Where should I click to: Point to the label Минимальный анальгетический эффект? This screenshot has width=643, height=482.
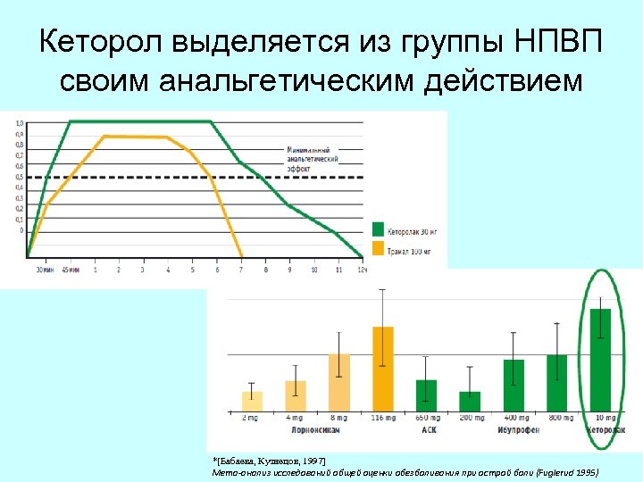coord(313,158)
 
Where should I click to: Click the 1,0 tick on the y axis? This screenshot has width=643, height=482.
coord(20,122)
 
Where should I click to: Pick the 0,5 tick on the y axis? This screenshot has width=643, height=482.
coord(20,177)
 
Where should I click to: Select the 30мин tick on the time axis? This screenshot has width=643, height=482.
coord(44,269)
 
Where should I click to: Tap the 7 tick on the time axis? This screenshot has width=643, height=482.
coord(241,269)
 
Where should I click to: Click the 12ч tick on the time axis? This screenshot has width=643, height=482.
coord(362,269)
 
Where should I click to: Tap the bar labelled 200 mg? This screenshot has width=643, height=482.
coord(470,401)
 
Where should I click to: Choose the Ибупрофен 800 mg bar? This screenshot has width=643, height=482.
coord(557,382)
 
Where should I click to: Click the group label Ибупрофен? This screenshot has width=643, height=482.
coord(515,430)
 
